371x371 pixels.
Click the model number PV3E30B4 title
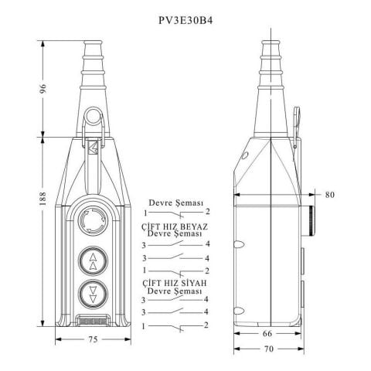(x=185, y=20)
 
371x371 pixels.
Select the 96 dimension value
(x=43, y=89)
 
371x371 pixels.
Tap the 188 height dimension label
(x=43, y=198)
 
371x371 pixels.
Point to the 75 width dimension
(x=93, y=339)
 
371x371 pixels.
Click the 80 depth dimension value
(x=329, y=195)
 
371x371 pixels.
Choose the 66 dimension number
(x=267, y=333)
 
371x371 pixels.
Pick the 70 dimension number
(x=268, y=349)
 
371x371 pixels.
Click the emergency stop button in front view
(x=93, y=220)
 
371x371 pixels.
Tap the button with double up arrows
(x=93, y=261)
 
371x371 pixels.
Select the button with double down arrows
(x=93, y=294)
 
